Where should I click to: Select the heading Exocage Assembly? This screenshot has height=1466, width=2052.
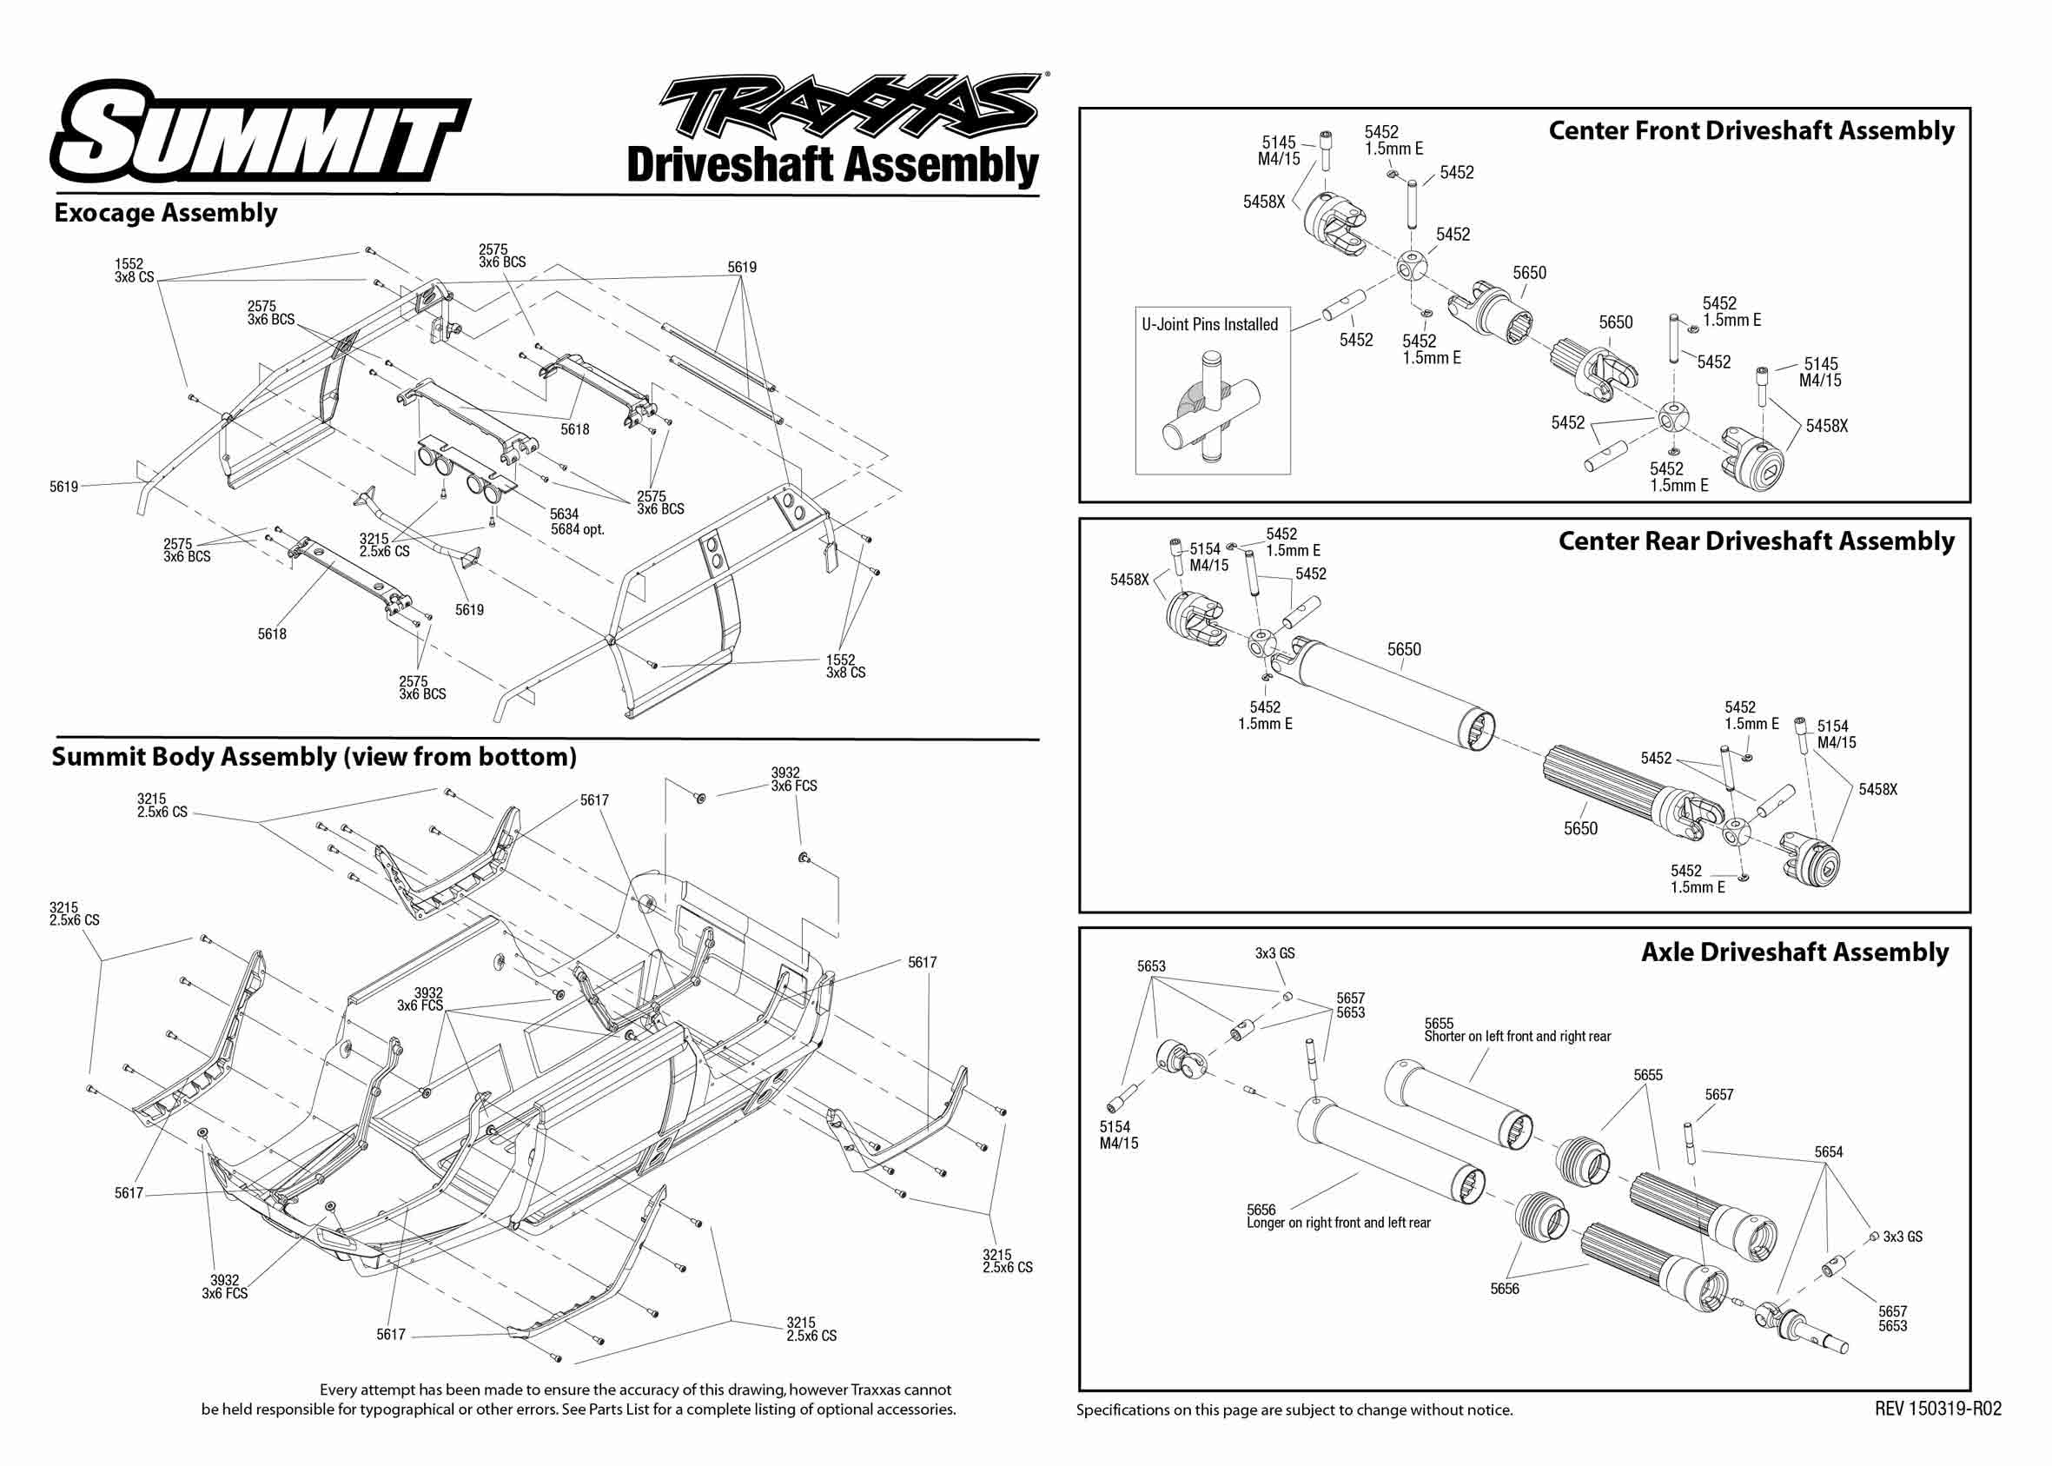pyautogui.click(x=166, y=213)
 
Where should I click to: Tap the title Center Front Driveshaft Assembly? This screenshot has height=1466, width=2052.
pyautogui.click(x=1751, y=131)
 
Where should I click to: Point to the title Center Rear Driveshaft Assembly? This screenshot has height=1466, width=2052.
pyautogui.click(x=1755, y=541)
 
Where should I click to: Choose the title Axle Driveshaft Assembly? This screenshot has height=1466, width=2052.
pyautogui.click(x=1794, y=952)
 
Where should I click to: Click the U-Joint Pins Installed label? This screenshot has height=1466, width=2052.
pyautogui.click(x=1209, y=325)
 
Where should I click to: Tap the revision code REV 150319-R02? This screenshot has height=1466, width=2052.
pyautogui.click(x=1937, y=1410)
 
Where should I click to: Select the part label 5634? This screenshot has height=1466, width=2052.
pyautogui.click(x=564, y=514)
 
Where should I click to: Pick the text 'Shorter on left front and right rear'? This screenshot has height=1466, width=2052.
pyautogui.click(x=1517, y=1037)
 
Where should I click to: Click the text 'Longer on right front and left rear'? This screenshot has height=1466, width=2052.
pyautogui.click(x=1338, y=1224)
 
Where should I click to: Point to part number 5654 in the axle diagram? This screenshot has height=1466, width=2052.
pyautogui.click(x=1828, y=1153)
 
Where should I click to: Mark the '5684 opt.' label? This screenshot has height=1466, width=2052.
pyautogui.click(x=578, y=530)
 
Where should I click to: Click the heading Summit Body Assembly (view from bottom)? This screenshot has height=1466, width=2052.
pyautogui.click(x=314, y=757)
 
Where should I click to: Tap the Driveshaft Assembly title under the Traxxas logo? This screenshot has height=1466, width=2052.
pyautogui.click(x=832, y=166)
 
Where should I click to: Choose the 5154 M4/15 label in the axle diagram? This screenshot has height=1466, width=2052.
pyautogui.click(x=1118, y=1136)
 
